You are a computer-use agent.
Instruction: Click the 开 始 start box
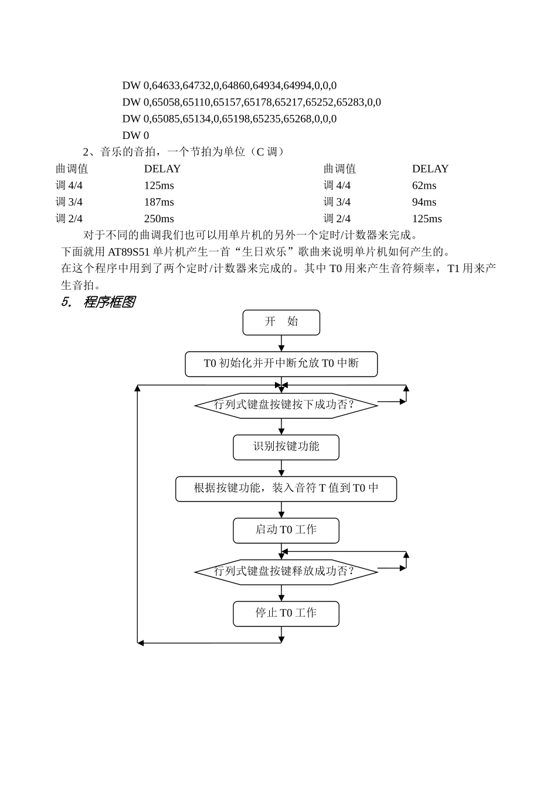tap(281, 322)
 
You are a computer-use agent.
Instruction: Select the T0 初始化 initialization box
tap(281, 364)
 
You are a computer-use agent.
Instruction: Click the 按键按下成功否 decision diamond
tap(286, 405)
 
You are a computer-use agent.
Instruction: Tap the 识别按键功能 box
tap(286, 447)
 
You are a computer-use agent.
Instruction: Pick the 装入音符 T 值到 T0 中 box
tap(286, 489)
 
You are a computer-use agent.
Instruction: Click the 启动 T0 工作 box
tap(286, 530)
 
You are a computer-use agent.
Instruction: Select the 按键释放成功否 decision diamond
tap(286, 572)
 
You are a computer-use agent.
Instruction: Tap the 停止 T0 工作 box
tap(286, 613)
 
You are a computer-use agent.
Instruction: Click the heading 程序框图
tap(108, 302)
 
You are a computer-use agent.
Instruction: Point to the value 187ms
tap(159, 202)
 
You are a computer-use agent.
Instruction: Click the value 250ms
tap(159, 219)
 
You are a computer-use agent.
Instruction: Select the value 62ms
tap(424, 186)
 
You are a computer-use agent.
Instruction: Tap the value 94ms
tap(424, 202)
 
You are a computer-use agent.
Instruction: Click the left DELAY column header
tap(162, 169)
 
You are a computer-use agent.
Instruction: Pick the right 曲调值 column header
tap(339, 169)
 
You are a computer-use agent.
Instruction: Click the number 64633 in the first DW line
tap(166, 86)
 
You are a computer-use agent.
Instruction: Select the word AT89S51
tap(129, 252)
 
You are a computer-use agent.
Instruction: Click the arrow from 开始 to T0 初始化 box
tap(281, 344)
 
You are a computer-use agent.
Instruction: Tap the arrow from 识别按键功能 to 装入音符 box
tap(281, 468)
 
